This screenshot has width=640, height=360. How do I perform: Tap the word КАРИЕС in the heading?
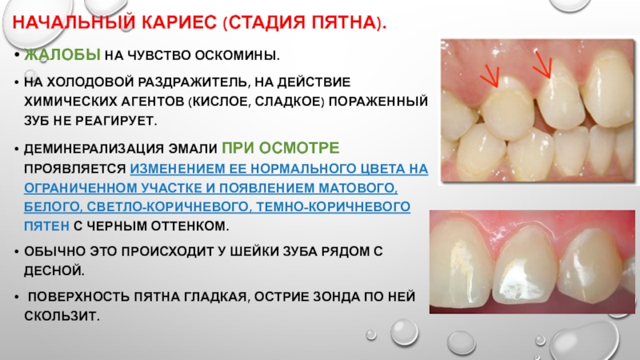[179, 23]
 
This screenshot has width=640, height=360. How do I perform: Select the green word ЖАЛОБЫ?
[62, 54]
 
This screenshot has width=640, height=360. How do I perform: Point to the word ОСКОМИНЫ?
[237, 55]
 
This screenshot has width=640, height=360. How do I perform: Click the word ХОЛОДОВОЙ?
[90, 82]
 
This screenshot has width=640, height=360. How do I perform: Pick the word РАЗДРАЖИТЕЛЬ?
[194, 82]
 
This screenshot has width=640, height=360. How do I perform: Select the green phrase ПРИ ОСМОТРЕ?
[281, 148]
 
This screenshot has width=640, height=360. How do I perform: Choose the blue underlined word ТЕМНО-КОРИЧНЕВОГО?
[332, 206]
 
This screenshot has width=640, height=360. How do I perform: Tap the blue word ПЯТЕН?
[46, 226]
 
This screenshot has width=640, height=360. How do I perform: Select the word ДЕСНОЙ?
[54, 270]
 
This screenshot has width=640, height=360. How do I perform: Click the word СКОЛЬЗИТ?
[62, 315]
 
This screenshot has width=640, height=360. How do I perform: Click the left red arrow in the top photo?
[490, 76]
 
